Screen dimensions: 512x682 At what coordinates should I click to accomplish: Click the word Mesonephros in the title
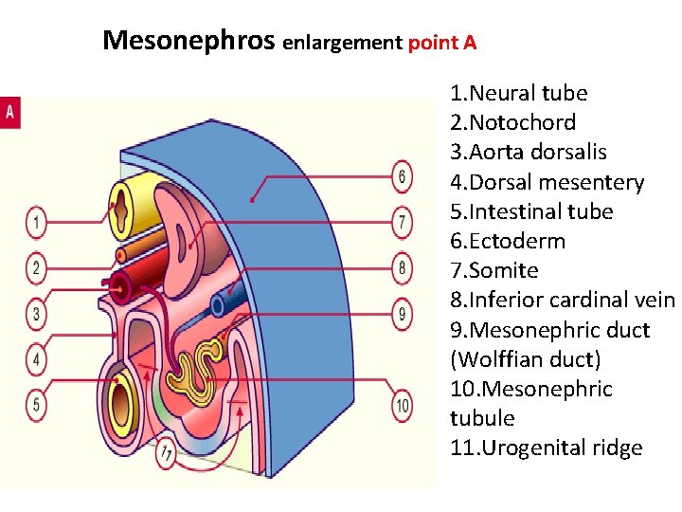click(x=189, y=40)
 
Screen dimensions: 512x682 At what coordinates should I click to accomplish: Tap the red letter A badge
click(x=10, y=112)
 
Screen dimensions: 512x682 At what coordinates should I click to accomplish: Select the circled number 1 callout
click(x=36, y=224)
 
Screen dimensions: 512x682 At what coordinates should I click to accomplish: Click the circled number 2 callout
click(x=36, y=268)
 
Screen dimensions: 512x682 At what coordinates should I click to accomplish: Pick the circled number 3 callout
click(x=36, y=314)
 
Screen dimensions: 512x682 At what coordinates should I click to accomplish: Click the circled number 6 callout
click(x=403, y=176)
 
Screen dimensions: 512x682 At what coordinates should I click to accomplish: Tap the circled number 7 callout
click(x=403, y=223)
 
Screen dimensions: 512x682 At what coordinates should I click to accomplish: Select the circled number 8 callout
click(x=403, y=268)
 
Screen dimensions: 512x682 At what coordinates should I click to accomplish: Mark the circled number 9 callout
click(x=403, y=314)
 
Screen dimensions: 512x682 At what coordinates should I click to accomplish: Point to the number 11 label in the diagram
click(x=167, y=454)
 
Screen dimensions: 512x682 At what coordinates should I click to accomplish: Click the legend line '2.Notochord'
click(x=512, y=122)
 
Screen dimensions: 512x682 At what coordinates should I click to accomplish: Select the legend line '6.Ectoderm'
click(x=508, y=241)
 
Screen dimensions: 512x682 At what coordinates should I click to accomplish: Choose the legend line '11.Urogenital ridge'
click(x=547, y=448)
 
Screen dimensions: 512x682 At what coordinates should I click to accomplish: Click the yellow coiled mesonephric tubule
click(x=206, y=365)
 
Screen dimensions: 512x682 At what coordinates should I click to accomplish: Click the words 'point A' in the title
click(x=441, y=43)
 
